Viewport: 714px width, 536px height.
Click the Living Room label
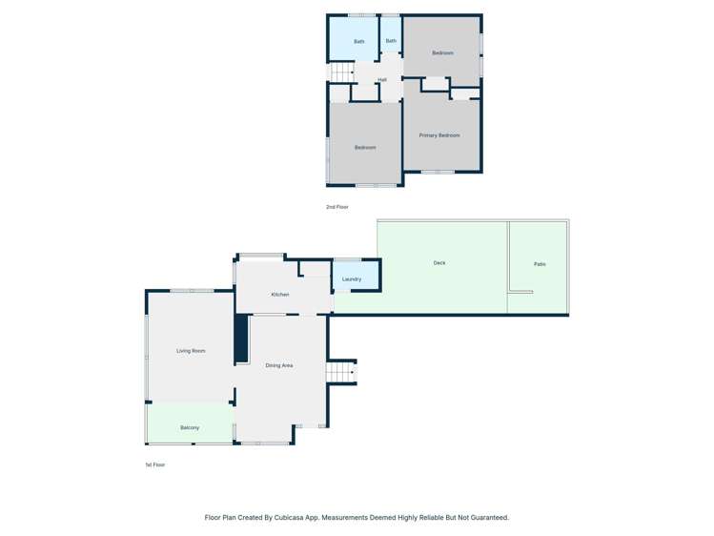191,351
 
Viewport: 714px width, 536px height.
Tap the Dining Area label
279,365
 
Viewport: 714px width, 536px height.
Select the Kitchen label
279,295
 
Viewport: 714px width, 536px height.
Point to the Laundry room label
351,279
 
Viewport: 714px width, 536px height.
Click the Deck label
439,263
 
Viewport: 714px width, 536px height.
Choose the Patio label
540,264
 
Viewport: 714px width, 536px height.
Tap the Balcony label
190,427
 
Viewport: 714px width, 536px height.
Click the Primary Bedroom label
439,135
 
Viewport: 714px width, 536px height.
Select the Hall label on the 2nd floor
382,79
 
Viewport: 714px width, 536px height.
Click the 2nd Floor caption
337,207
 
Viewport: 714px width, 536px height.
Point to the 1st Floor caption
154,464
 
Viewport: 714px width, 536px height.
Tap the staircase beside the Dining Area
341,372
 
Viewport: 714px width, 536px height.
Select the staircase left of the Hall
341,72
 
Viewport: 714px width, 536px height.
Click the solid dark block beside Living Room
241,339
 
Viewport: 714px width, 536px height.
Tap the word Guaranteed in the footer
483,518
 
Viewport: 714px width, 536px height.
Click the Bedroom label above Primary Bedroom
442,52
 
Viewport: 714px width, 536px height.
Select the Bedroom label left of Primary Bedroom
365,148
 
